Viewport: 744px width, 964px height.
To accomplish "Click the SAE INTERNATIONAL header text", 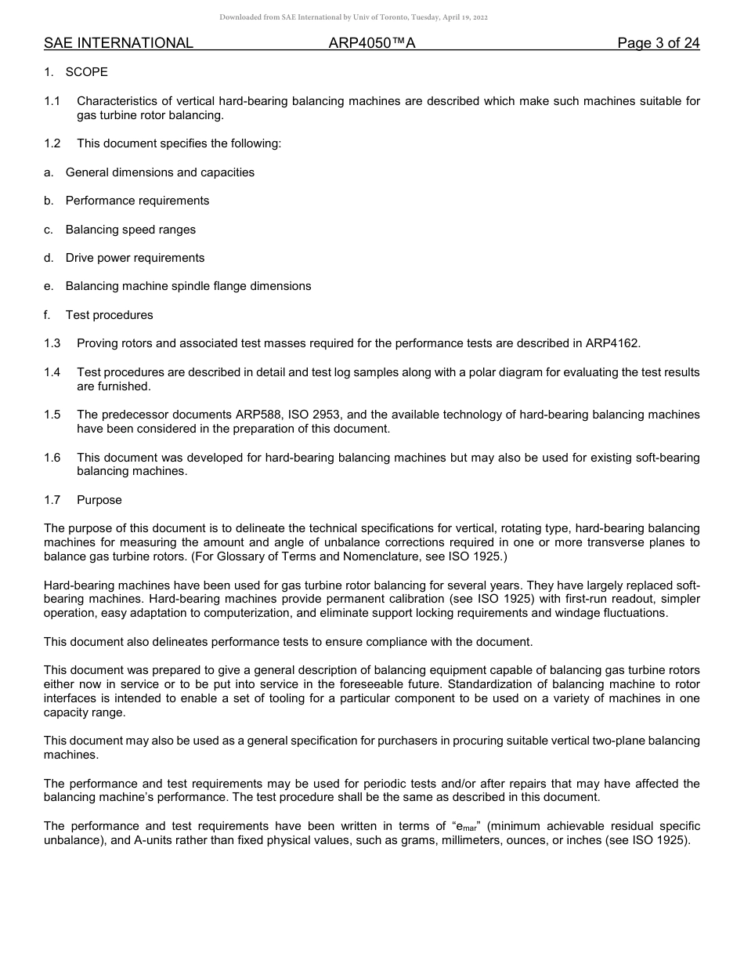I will click(x=118, y=43).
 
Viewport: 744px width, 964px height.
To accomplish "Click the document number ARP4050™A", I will click(x=372, y=43).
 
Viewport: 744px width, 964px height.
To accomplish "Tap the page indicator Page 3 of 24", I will click(x=658, y=43).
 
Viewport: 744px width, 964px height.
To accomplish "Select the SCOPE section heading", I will click(x=86, y=72).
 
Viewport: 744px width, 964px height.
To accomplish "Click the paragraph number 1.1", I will click(x=52, y=101).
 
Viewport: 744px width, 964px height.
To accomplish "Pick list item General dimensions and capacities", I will click(x=160, y=172).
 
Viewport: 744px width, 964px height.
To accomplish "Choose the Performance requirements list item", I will click(x=137, y=201).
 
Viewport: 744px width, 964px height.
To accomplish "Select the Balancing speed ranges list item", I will click(x=131, y=230).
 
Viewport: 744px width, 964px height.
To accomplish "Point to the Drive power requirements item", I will click(x=135, y=258).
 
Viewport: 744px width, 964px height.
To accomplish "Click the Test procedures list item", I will click(x=109, y=315).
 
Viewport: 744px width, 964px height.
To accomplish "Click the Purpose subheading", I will click(x=99, y=500).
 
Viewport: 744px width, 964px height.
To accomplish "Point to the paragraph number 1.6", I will click(x=52, y=458).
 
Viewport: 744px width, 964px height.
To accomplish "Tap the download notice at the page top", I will click(x=354, y=17).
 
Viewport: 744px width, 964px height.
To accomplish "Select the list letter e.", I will click(x=49, y=286).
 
